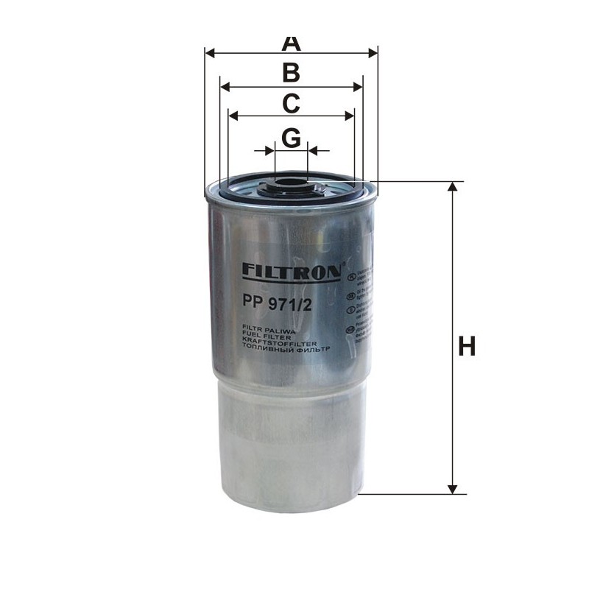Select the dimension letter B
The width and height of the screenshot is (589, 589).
(292, 73)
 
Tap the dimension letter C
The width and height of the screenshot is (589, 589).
(292, 104)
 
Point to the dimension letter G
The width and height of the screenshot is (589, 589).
(292, 138)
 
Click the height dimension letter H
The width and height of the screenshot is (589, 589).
(466, 345)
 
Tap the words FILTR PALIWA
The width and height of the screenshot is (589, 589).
(264, 325)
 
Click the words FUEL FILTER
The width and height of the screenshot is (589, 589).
(263, 332)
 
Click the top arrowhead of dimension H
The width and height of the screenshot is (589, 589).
(454, 188)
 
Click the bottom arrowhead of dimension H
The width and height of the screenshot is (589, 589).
(454, 487)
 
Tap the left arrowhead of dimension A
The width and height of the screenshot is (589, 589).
(210, 53)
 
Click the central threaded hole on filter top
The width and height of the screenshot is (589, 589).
(292, 180)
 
